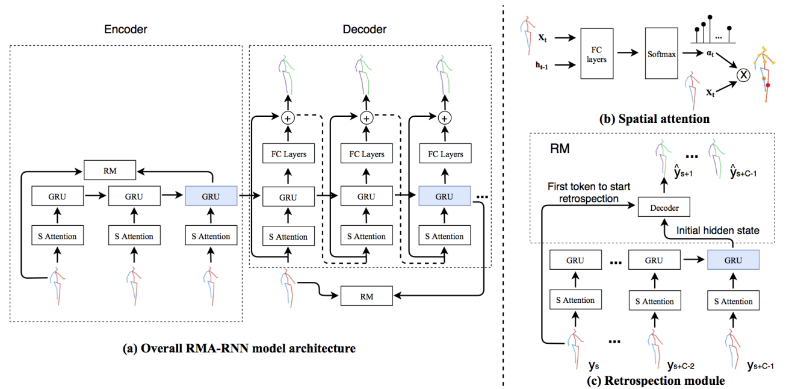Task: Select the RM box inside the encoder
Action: (109, 170)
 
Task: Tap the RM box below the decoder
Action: (366, 295)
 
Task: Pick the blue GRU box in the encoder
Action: (211, 196)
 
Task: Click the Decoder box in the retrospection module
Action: (664, 208)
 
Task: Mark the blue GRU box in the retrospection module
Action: (733, 260)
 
